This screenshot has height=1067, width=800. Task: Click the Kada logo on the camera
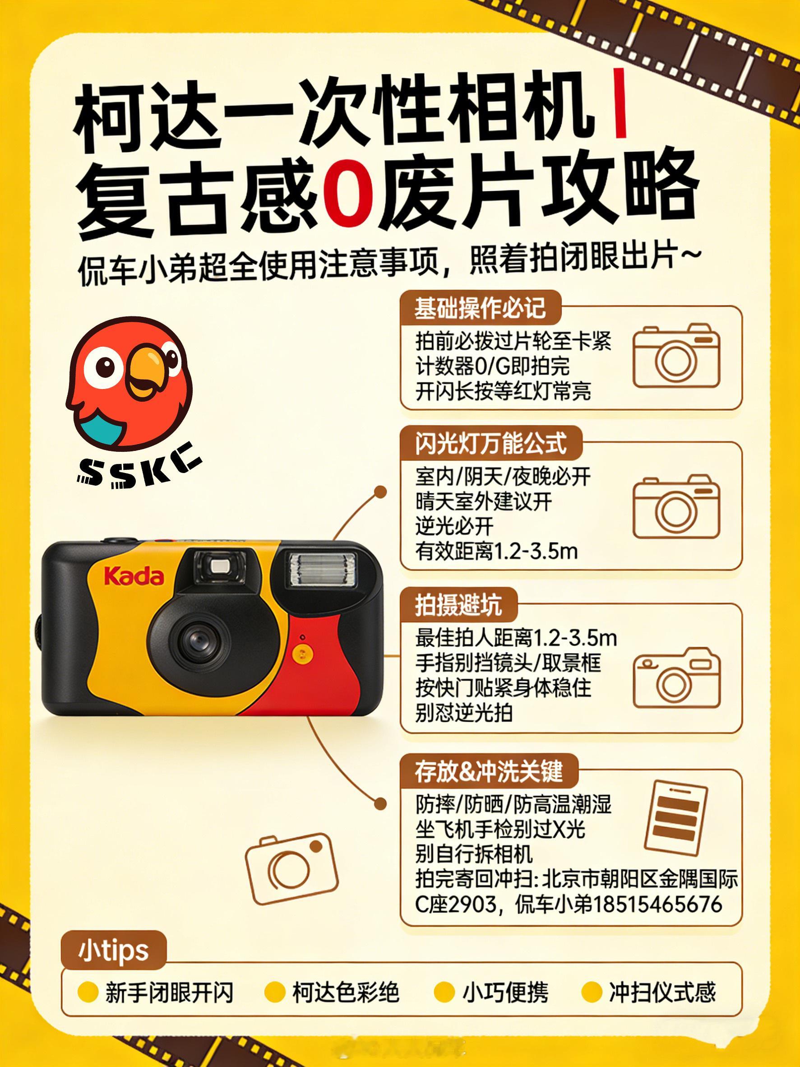[134, 577]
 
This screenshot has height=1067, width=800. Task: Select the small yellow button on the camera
[301, 654]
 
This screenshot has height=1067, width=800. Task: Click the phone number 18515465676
[657, 904]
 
